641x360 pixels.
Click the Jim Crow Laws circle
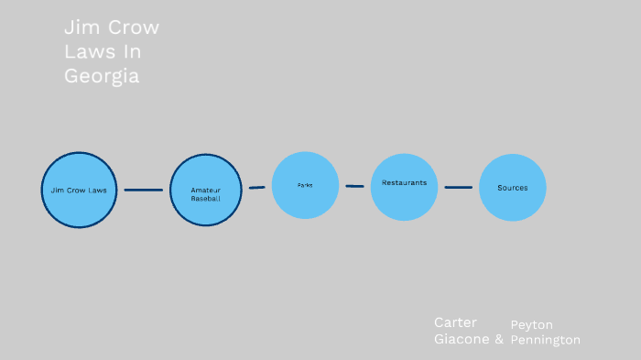(x=79, y=190)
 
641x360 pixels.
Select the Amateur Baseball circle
(x=205, y=190)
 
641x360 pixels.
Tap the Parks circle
(x=305, y=185)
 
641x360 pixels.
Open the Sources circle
(x=513, y=188)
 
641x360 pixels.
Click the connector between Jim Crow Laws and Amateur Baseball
(x=143, y=190)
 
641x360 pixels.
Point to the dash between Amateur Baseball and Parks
(x=257, y=187)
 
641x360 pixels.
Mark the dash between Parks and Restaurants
(x=354, y=186)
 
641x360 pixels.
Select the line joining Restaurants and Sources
(x=459, y=187)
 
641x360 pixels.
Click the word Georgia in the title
(x=102, y=76)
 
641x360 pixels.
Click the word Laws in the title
(x=89, y=52)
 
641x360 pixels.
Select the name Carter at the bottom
(x=455, y=322)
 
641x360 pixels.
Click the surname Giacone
(x=461, y=338)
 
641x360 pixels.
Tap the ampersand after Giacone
(x=499, y=338)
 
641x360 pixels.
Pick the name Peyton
(x=531, y=324)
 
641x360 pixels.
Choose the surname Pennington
(x=545, y=340)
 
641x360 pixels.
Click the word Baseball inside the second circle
(x=205, y=198)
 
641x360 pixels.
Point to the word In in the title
(x=133, y=52)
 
